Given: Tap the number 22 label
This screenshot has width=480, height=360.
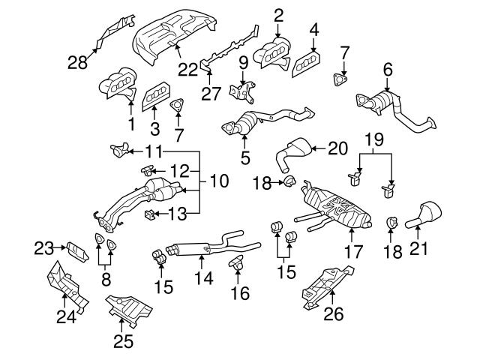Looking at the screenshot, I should point(188,69).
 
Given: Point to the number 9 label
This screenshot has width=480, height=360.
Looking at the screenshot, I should point(243,61).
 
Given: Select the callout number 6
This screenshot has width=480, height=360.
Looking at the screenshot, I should point(388,70).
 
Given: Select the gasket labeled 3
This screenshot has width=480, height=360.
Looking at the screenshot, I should point(154,94).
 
